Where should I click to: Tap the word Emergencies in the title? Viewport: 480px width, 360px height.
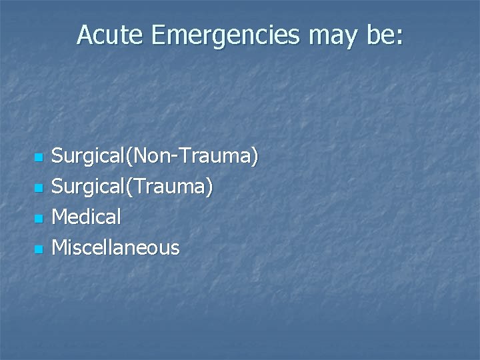click(224, 36)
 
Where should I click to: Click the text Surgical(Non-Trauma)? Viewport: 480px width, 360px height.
click(155, 158)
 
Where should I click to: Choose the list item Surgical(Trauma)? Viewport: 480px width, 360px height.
click(133, 188)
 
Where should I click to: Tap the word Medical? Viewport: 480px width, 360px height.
click(87, 217)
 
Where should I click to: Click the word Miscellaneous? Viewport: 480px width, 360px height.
click(115, 247)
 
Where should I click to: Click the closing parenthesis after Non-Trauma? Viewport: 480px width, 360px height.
click(255, 158)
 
